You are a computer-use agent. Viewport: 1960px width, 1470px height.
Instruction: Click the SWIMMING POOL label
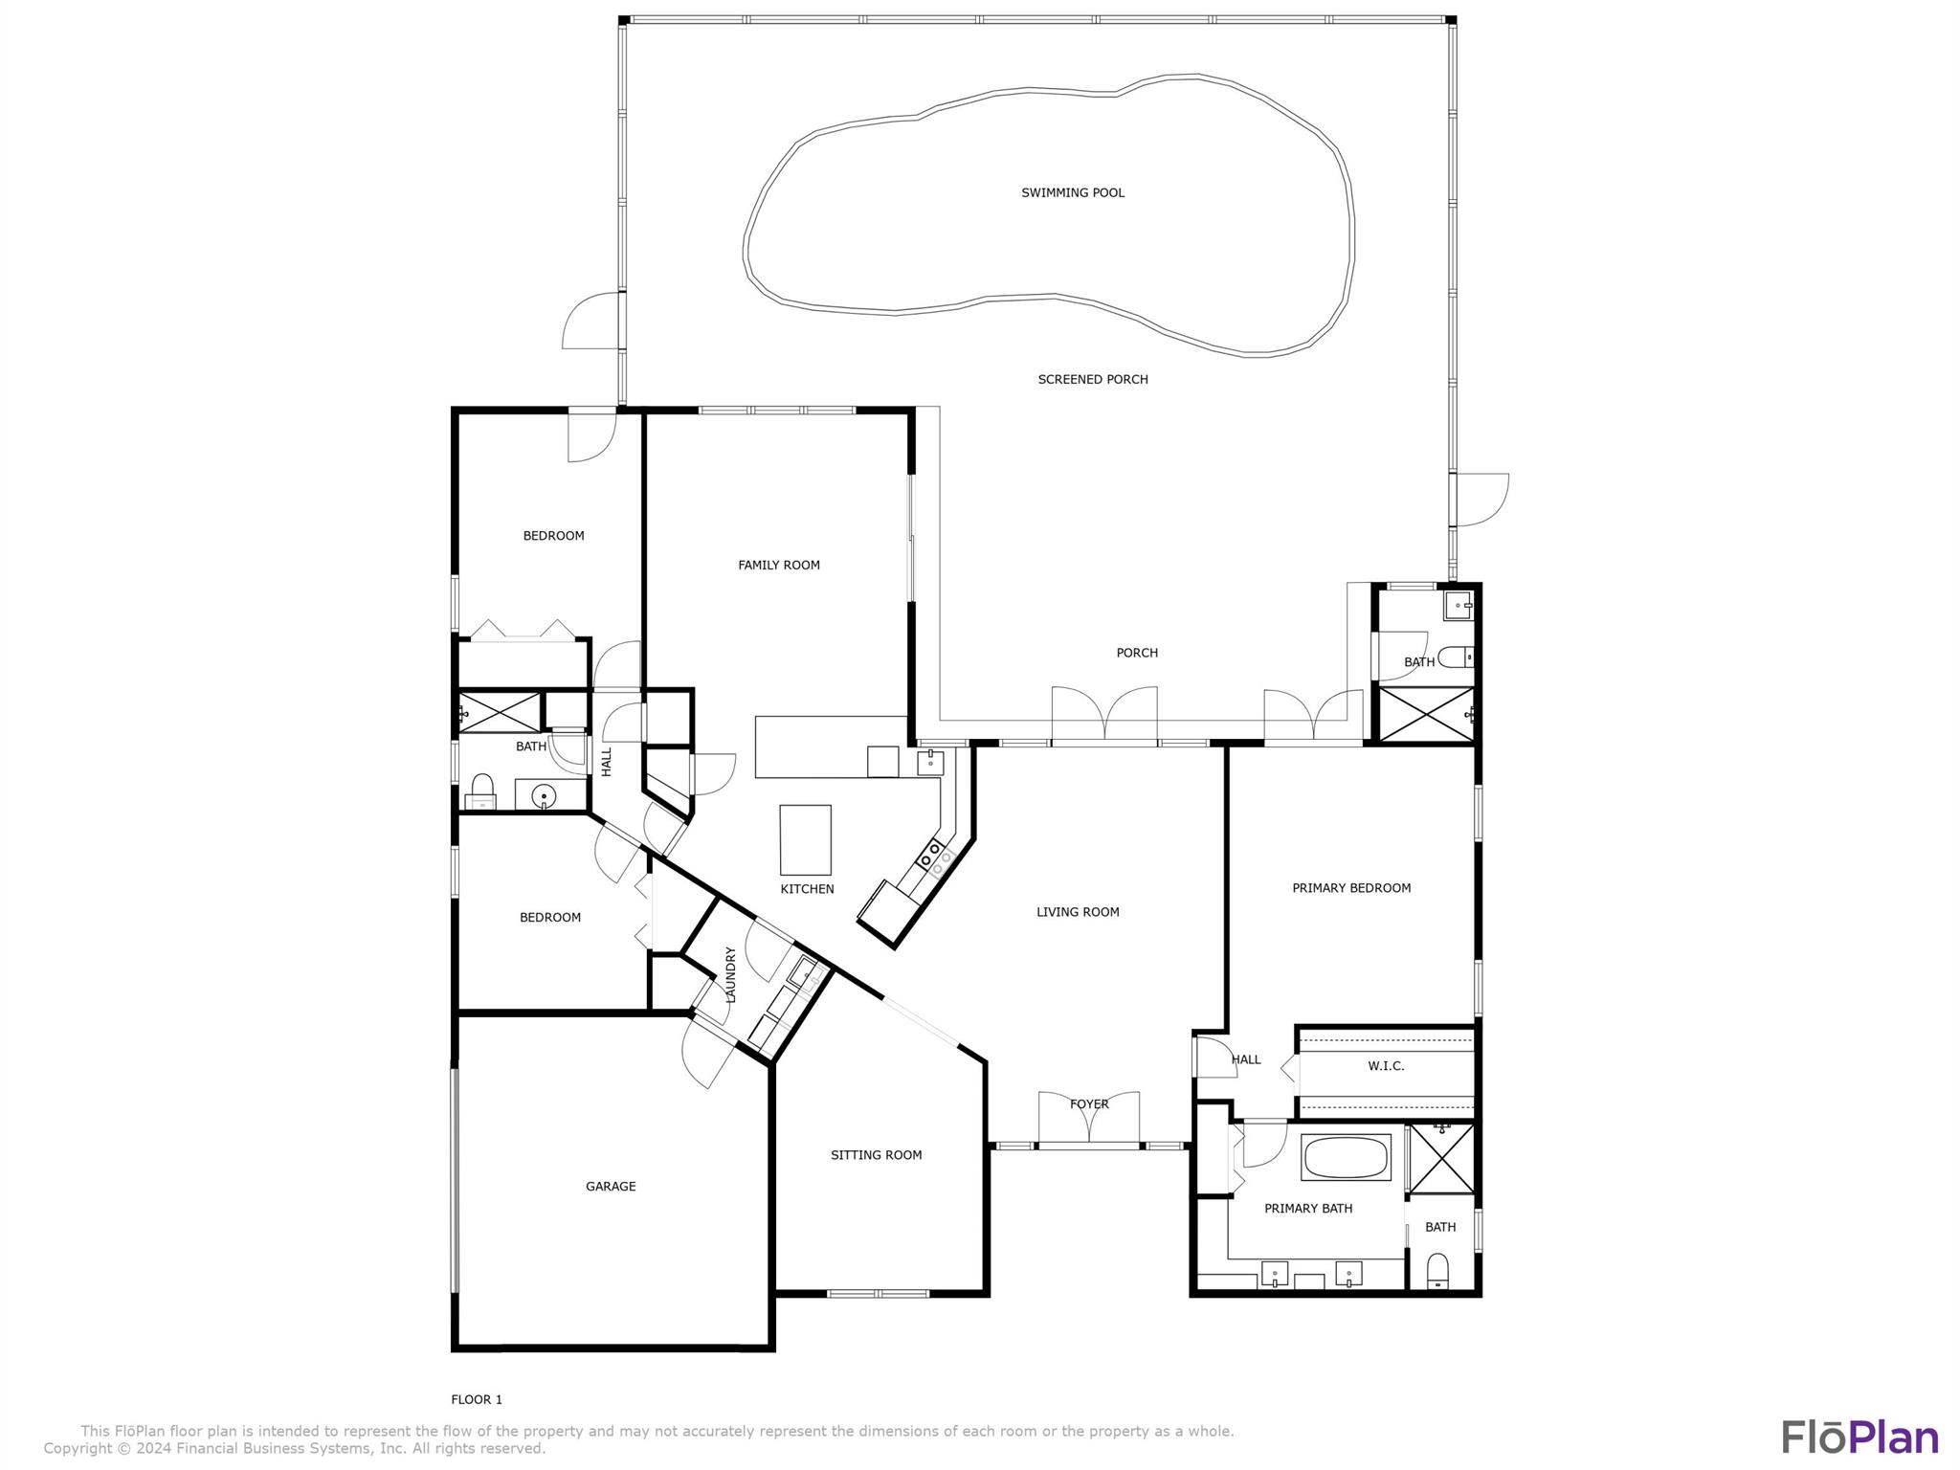(x=1072, y=192)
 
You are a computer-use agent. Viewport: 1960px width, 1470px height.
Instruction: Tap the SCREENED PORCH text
(x=1092, y=379)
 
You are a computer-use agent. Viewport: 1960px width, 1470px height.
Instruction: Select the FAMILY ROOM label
(x=778, y=565)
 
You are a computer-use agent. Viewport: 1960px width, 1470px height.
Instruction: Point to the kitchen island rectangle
(x=805, y=839)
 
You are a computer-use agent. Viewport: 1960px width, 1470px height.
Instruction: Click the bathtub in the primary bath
(x=1345, y=1157)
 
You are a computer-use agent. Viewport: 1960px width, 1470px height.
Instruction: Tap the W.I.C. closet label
(x=1385, y=1065)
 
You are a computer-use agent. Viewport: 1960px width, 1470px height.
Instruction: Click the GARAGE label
(x=610, y=1186)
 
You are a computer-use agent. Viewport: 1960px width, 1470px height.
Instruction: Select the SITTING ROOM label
(x=876, y=1154)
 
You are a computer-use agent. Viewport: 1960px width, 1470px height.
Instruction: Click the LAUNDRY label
(x=730, y=974)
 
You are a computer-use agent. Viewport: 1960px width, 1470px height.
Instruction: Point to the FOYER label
(x=1088, y=1103)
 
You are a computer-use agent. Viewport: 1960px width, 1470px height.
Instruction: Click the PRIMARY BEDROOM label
(x=1350, y=887)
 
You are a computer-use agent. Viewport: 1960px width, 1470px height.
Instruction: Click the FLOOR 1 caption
(x=477, y=1398)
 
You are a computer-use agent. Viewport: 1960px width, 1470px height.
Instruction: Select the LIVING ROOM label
(x=1077, y=911)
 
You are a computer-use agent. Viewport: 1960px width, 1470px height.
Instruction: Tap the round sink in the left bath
(x=544, y=794)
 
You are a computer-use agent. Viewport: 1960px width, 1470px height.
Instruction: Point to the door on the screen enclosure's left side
(x=591, y=321)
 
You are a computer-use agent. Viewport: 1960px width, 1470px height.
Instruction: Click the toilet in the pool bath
(x=1455, y=657)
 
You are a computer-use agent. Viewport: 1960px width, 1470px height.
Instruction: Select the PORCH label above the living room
(x=1136, y=653)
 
